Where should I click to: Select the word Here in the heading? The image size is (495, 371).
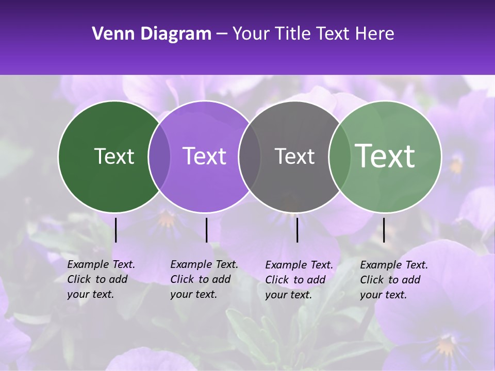pos(375,34)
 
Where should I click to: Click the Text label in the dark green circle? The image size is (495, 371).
pos(114,156)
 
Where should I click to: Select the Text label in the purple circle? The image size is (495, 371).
pos(204,156)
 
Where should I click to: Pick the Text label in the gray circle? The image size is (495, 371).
pos(294,156)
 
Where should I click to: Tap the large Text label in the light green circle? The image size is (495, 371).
pos(385,156)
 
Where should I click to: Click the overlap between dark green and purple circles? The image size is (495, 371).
pos(159,156)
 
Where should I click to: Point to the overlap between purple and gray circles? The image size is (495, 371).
pos(250,156)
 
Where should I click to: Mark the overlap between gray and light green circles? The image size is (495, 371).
pos(340,156)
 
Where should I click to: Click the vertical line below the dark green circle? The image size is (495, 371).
pos(115,230)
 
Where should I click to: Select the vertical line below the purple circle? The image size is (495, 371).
pos(206,230)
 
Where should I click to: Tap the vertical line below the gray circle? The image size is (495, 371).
pos(297,230)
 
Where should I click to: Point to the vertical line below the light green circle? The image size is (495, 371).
pos(384,230)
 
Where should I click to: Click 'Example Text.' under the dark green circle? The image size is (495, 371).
pos(101,264)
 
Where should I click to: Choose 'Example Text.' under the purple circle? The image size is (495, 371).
pos(204,264)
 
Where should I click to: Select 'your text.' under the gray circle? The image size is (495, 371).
pos(288,295)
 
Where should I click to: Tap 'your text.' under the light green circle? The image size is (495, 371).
pos(383,295)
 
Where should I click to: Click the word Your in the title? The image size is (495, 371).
pos(252,34)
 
